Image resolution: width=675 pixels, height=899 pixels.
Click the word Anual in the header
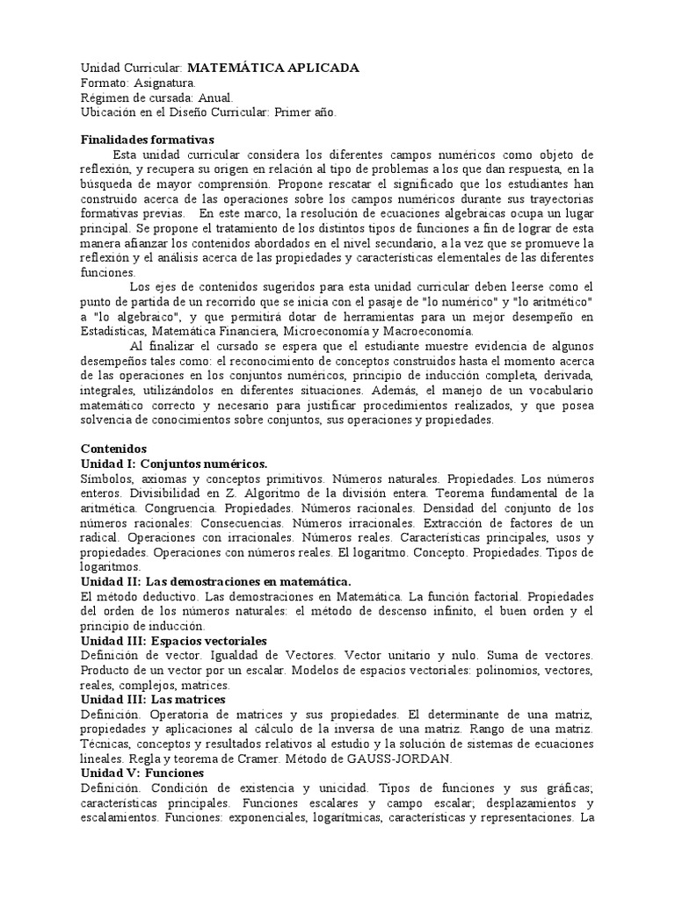click(x=215, y=97)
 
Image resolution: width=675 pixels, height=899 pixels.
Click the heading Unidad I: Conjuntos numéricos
click(x=173, y=463)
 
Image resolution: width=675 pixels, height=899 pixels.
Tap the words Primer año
click(x=305, y=112)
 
